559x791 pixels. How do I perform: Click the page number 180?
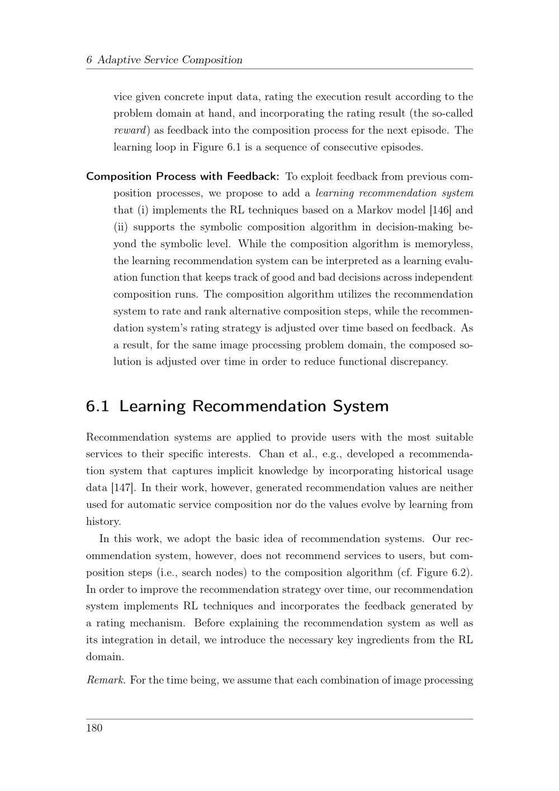point(94,728)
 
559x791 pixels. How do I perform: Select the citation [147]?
point(124,488)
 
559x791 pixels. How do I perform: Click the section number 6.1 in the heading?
point(98,406)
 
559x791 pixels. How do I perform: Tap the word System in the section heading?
point(361,406)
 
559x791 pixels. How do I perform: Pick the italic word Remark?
point(106,680)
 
